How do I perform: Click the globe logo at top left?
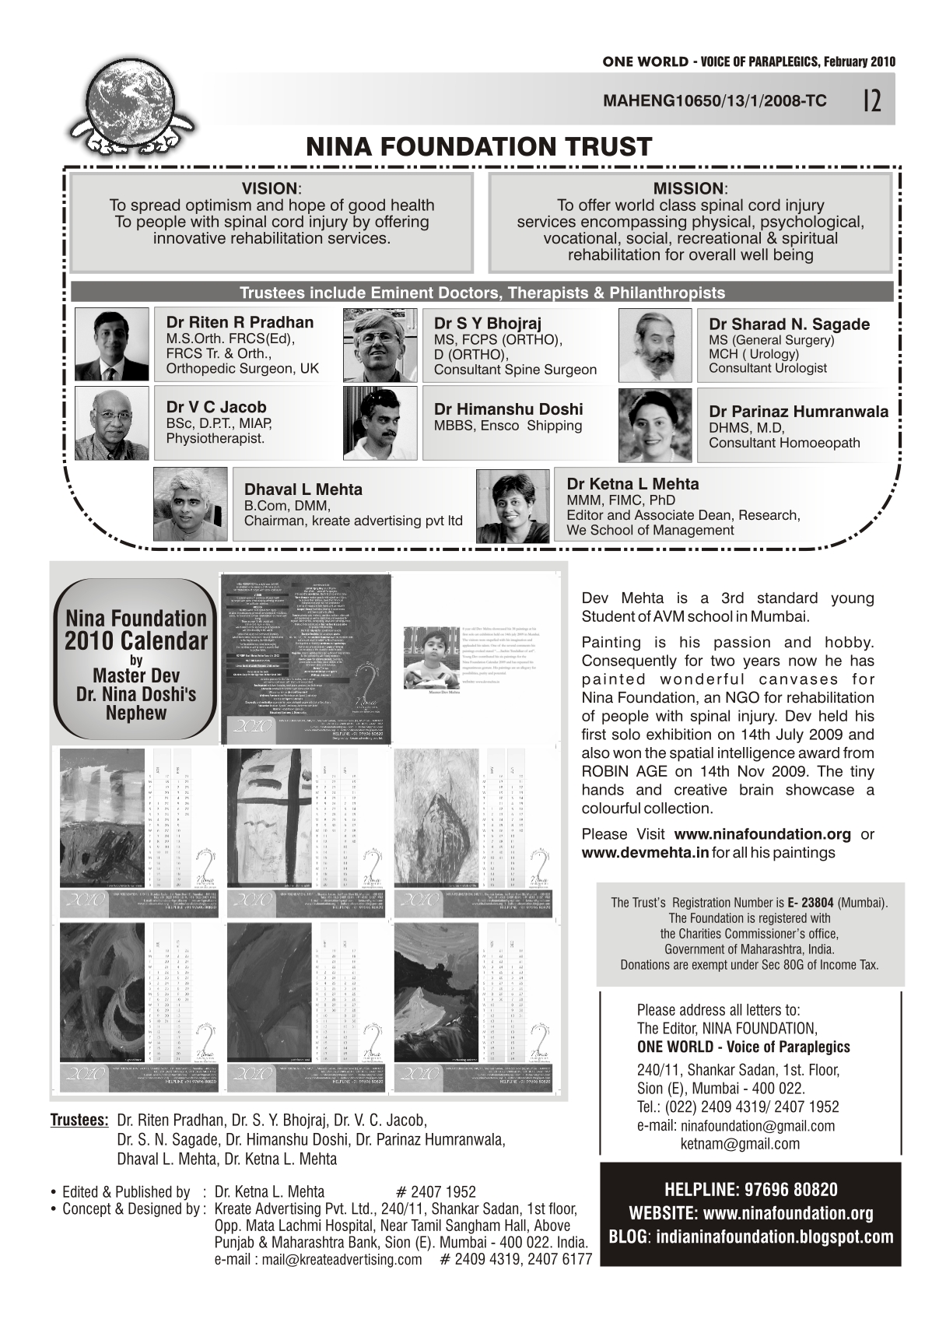pyautogui.click(x=135, y=97)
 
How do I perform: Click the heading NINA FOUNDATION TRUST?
pyautogui.click(x=478, y=146)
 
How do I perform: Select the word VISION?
pyautogui.click(x=269, y=189)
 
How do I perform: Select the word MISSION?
pyautogui.click(x=688, y=189)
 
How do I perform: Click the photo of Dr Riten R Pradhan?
pyautogui.click(x=111, y=344)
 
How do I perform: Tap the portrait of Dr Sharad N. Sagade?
pyautogui.click(x=654, y=344)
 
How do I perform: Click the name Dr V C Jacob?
pyautogui.click(x=215, y=407)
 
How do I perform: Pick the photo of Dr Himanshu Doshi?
pyautogui.click(x=380, y=424)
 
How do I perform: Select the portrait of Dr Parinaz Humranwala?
pyautogui.click(x=654, y=426)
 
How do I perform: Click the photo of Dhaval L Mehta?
pyautogui.click(x=190, y=503)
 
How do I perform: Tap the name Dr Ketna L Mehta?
pyautogui.click(x=632, y=484)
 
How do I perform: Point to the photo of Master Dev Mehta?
pyautogui.click(x=429, y=657)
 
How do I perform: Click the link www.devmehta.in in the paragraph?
pyautogui.click(x=645, y=852)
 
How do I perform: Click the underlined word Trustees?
pyautogui.click(x=79, y=1121)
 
